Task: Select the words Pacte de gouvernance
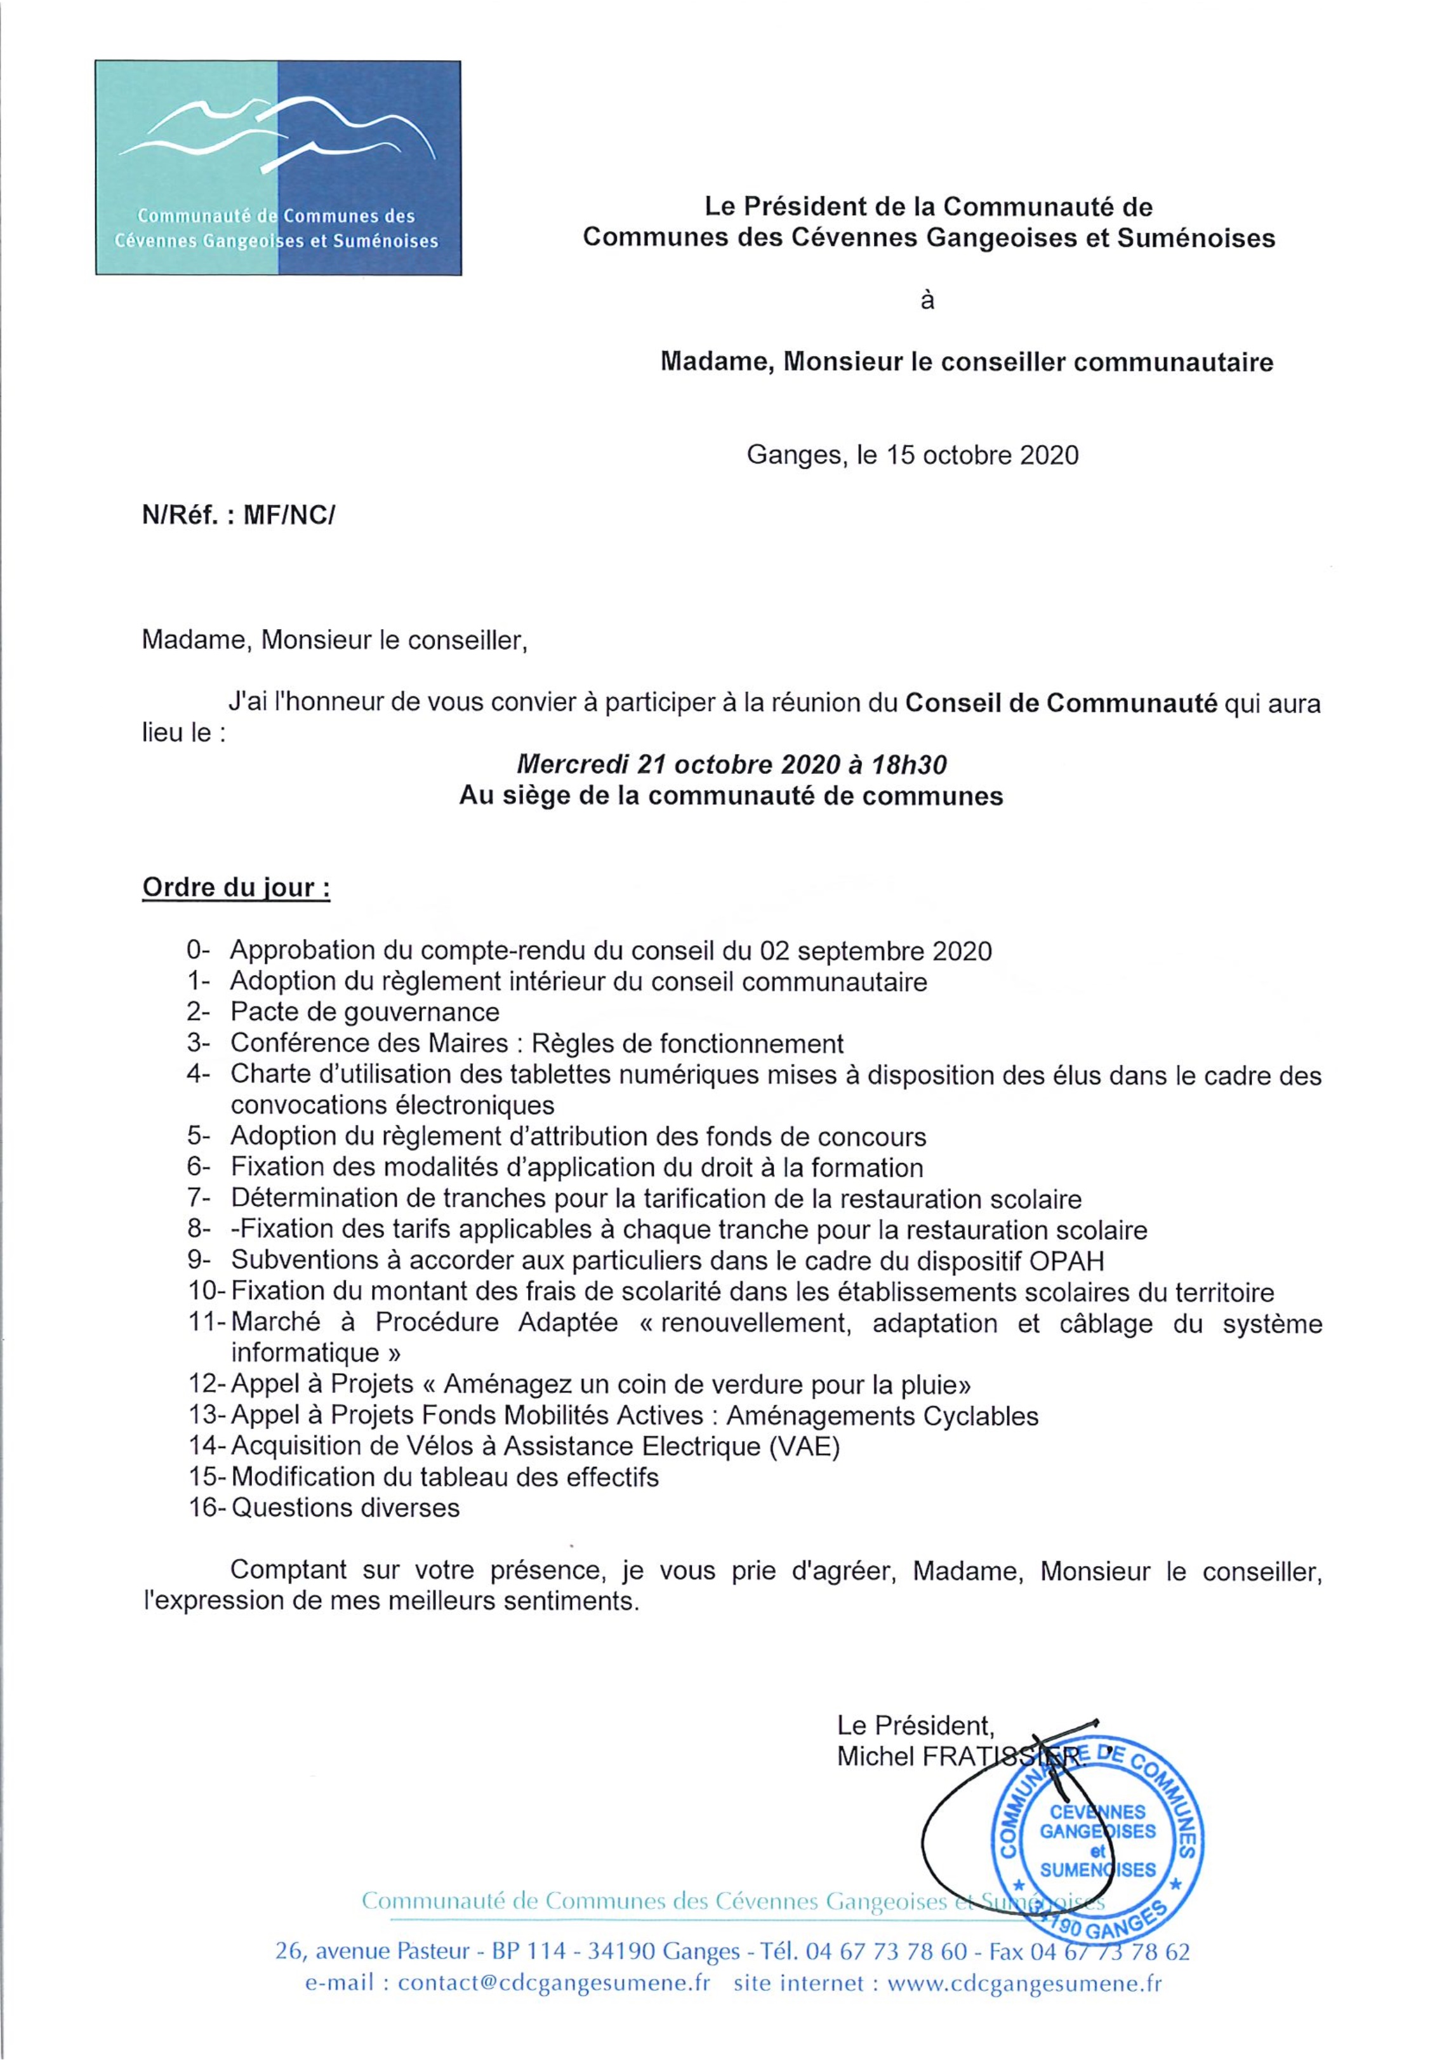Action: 364,1012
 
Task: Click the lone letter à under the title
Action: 927,300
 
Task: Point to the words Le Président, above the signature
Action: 915,1724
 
